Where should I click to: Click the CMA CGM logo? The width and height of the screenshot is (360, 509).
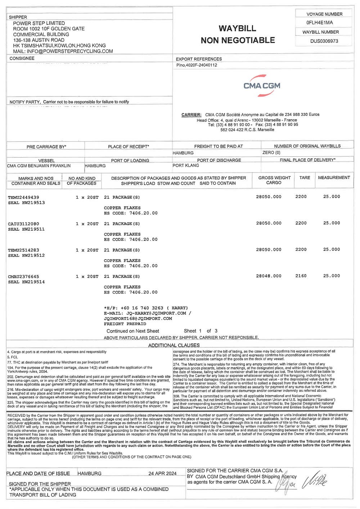tap(262, 86)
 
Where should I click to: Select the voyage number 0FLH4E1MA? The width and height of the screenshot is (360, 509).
tap(319, 22)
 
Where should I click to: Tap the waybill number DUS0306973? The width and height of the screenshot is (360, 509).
tap(324, 41)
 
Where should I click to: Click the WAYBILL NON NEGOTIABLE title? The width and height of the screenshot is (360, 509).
tap(238, 34)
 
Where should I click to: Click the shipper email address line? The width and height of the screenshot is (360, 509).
tap(63, 51)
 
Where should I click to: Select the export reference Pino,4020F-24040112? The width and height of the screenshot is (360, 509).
tap(197, 65)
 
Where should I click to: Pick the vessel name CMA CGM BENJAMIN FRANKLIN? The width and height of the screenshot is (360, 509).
tap(39, 166)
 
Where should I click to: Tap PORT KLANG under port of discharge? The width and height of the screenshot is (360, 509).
tap(186, 166)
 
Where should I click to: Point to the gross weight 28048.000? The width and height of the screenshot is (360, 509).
tap(269, 276)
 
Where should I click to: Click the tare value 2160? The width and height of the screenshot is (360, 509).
tap(301, 276)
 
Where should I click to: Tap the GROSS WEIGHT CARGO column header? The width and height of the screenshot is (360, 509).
tap(274, 180)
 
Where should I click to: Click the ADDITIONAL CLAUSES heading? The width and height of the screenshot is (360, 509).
tap(174, 345)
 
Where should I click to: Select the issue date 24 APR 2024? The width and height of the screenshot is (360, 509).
tap(162, 473)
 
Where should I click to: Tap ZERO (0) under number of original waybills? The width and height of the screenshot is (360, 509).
tap(271, 153)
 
